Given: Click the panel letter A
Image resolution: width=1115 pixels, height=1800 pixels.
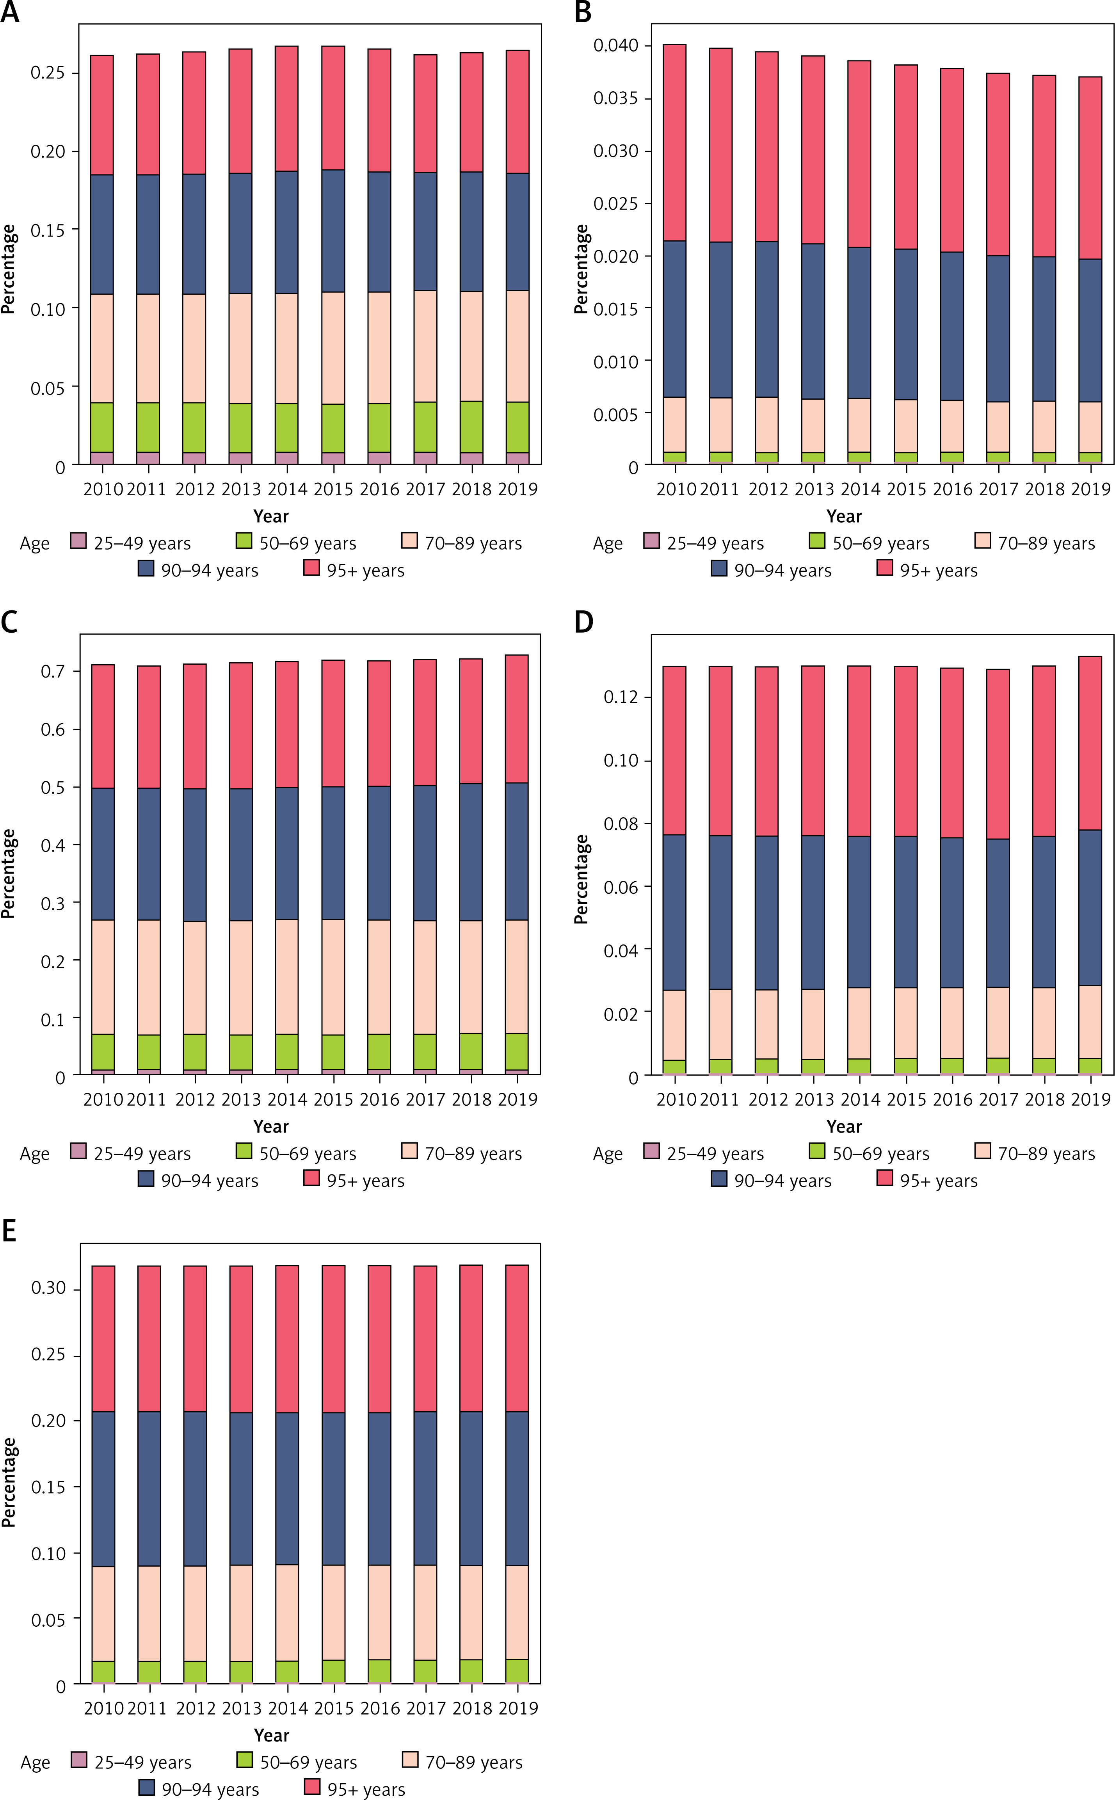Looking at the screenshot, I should click(x=10, y=12).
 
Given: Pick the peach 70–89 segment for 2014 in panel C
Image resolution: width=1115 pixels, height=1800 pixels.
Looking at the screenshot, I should click(x=287, y=976).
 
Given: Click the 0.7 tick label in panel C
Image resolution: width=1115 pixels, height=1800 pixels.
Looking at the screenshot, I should click(x=53, y=671).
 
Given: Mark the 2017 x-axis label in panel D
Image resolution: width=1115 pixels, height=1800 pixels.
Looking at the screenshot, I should click(x=998, y=1099).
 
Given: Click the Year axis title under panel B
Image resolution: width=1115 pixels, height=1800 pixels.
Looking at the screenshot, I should click(x=844, y=516).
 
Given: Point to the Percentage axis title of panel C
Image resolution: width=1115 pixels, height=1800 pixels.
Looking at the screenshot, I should click(x=9, y=874).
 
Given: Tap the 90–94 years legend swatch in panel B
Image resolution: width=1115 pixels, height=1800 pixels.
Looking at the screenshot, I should click(x=719, y=568).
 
